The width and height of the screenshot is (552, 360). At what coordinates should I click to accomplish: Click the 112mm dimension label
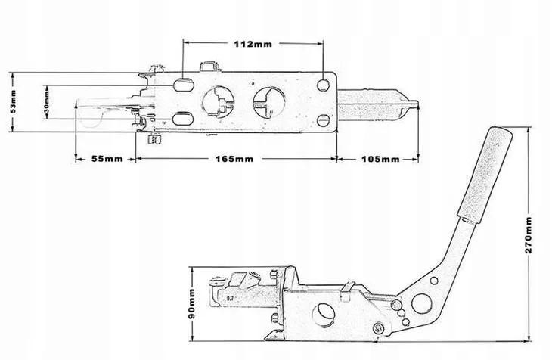[x=253, y=44]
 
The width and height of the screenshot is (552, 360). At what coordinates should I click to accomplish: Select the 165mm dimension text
[x=234, y=159]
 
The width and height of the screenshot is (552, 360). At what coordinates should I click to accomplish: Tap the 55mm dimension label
[x=107, y=159]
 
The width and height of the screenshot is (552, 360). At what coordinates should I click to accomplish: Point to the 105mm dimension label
[x=380, y=160]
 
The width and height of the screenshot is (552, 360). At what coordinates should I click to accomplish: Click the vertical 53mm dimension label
[x=13, y=101]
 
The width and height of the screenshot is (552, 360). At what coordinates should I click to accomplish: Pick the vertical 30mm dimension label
[x=46, y=102]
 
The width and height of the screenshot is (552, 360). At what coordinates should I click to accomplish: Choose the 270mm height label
[x=528, y=235]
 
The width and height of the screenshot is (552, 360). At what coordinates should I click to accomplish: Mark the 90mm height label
[x=191, y=303]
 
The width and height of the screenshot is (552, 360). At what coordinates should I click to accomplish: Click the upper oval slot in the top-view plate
[x=183, y=85]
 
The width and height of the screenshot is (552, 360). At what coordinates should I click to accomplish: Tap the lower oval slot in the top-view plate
[x=183, y=119]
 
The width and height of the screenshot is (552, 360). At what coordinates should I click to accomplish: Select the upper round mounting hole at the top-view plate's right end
[x=323, y=85]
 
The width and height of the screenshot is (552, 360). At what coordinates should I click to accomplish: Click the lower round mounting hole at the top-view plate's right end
[x=323, y=120]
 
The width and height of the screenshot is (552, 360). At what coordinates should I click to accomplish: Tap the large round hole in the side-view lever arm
[x=421, y=303]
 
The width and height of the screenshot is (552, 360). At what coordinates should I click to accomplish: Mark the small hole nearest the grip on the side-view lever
[x=434, y=281]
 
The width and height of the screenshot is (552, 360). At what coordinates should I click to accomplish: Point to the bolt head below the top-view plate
[x=155, y=139]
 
